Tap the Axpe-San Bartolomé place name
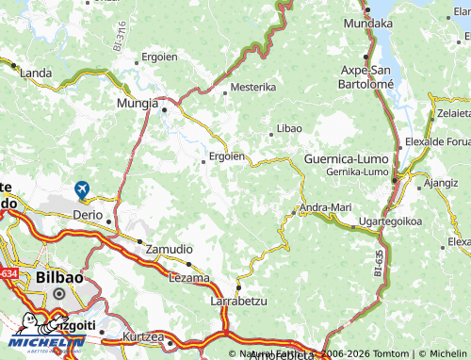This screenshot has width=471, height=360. coord(365,76)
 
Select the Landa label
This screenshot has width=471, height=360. coord(36,73)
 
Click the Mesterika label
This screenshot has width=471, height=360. coord(254,87)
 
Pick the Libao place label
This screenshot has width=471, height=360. coord(289,127)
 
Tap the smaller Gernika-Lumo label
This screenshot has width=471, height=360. coord(356,172)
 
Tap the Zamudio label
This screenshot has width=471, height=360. coord(170,249)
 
